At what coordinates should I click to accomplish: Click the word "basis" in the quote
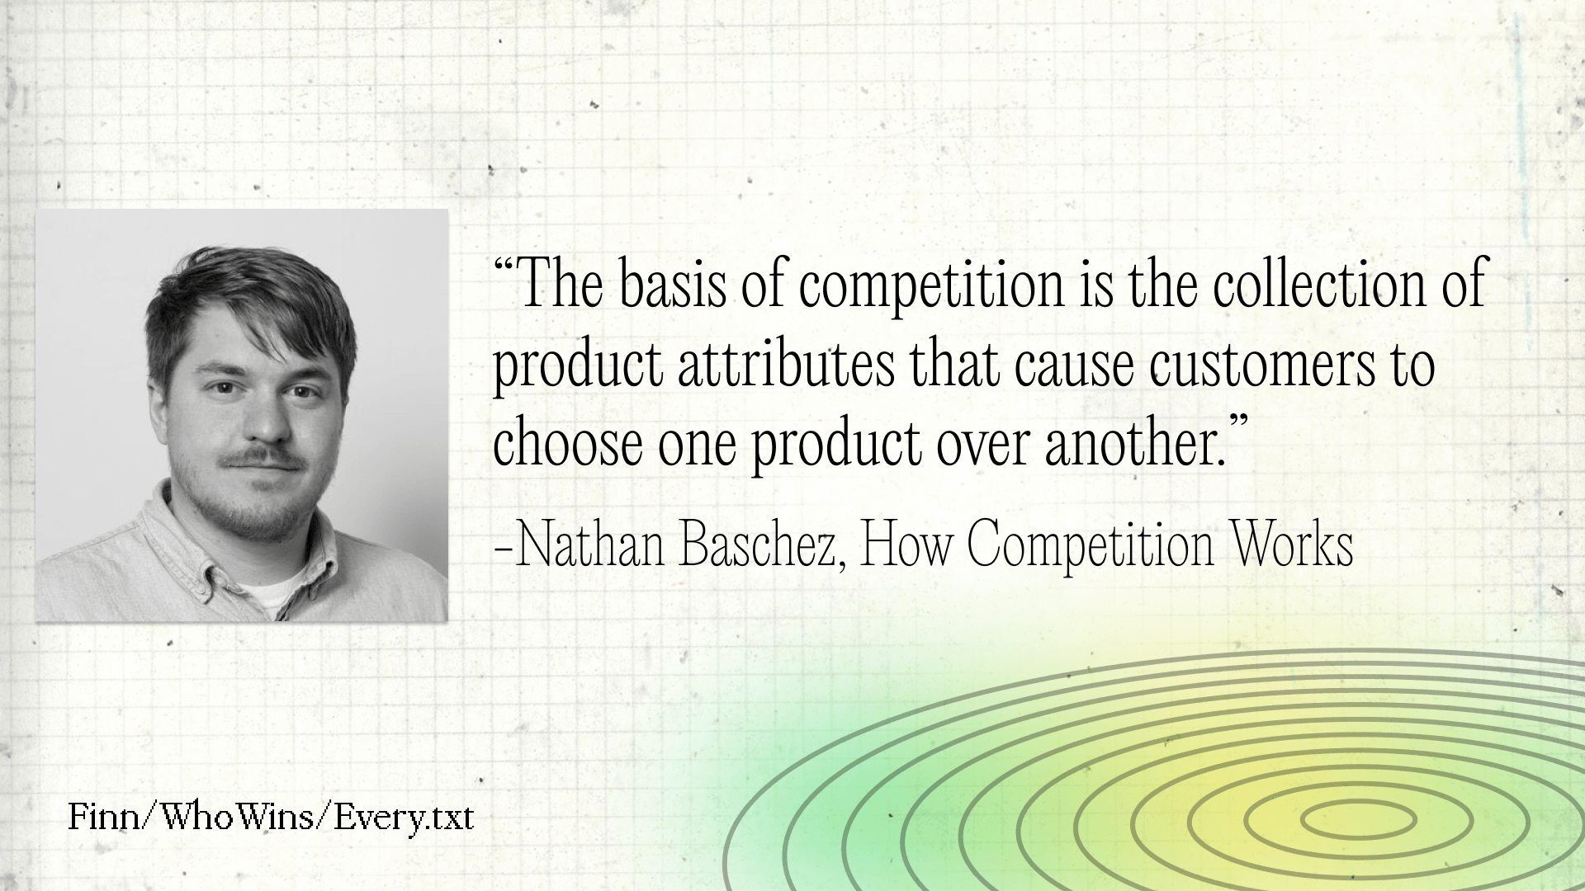point(669,284)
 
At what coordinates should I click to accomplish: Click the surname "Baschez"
point(759,546)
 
